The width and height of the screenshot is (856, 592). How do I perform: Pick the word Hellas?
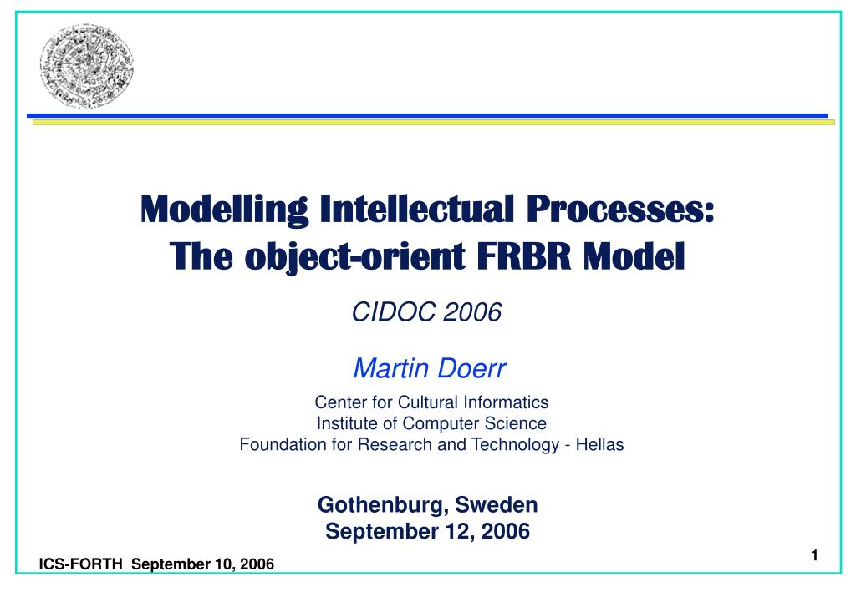(599, 444)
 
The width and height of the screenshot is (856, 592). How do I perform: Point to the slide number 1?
(814, 556)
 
